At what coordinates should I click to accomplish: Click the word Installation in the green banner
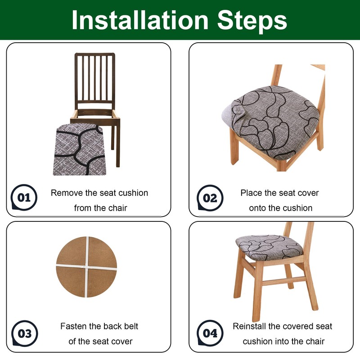[x=140, y=20]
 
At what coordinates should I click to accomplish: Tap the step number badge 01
[x=24, y=197]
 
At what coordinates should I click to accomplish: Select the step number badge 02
[x=210, y=198]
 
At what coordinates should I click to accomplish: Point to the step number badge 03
[x=25, y=333]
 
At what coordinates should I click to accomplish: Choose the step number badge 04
[x=210, y=333]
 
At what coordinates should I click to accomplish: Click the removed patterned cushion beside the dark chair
[x=80, y=149]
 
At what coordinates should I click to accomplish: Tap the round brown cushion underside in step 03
[x=86, y=267]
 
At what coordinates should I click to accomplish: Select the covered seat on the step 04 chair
[x=269, y=247]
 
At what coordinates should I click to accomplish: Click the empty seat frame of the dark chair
[x=95, y=115]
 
